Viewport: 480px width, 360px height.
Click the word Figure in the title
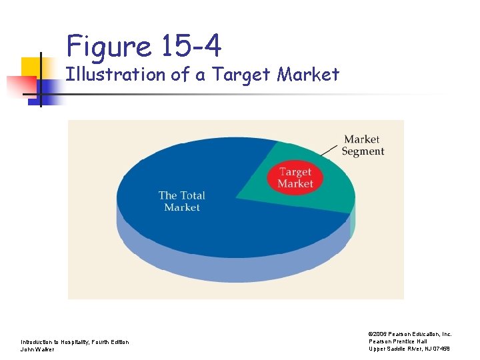[109, 47]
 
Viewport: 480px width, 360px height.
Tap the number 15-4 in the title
[191, 47]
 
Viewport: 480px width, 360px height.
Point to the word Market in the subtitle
[308, 74]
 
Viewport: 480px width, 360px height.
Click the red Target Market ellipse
[295, 177]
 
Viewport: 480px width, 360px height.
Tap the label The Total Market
[181, 201]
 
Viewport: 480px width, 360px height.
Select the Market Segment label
[363, 145]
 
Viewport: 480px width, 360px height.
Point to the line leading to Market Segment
[329, 150]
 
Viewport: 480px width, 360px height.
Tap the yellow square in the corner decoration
[31, 67]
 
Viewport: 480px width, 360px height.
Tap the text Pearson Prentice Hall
[398, 341]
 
